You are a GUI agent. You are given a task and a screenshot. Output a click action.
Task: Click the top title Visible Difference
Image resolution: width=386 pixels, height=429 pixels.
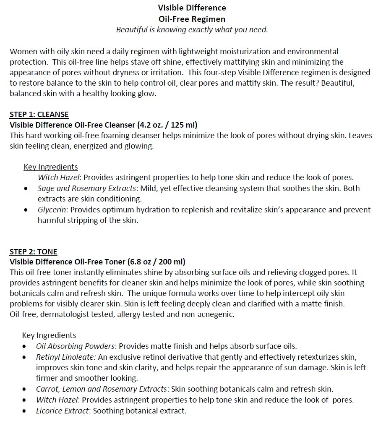tap(192, 8)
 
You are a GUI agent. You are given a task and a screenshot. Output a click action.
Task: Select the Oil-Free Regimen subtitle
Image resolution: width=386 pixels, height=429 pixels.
tap(192, 19)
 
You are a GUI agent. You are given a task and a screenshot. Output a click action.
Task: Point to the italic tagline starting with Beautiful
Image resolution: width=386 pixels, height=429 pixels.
tap(192, 30)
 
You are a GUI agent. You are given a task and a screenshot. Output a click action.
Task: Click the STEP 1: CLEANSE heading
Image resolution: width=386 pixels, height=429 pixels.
tap(39, 115)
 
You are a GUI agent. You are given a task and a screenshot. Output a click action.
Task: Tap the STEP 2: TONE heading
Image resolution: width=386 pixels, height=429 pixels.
tap(33, 252)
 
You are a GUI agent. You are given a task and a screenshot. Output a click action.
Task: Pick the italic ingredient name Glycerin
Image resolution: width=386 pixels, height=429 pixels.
tap(52, 209)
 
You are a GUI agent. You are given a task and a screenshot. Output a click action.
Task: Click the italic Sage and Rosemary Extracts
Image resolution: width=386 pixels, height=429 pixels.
tap(86, 188)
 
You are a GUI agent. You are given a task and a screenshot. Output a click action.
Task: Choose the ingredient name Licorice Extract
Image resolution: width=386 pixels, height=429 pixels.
tap(63, 411)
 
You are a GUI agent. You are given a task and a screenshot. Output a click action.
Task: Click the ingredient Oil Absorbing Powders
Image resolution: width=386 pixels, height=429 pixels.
tap(75, 346)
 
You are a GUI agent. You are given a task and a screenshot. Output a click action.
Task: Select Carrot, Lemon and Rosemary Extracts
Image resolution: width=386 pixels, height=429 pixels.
tap(102, 389)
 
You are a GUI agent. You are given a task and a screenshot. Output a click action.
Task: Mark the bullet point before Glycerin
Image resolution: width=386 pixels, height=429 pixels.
tap(26, 209)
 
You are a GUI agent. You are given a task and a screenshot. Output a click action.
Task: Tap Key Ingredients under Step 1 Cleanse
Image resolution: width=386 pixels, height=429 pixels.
tap(50, 167)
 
